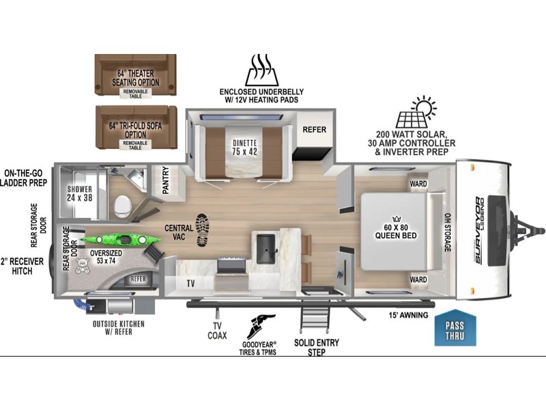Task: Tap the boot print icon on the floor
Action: pyautogui.click(x=202, y=230)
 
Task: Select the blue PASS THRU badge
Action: pyautogui.click(x=455, y=328)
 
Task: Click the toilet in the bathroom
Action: pyautogui.click(x=123, y=206)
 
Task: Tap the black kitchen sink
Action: pyautogui.click(x=266, y=249)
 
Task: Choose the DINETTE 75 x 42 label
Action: pyautogui.click(x=245, y=147)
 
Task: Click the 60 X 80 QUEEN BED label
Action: pyautogui.click(x=396, y=232)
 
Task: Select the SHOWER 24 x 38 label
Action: pyautogui.click(x=80, y=193)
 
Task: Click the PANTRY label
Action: pyautogui.click(x=166, y=180)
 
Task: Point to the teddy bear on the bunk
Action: pyautogui.click(x=83, y=266)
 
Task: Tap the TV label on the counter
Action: pyautogui.click(x=190, y=284)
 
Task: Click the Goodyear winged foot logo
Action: pyautogui.click(x=261, y=327)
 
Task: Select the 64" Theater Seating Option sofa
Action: pyautogui.click(x=135, y=74)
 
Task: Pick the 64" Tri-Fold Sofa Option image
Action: pyautogui.click(x=136, y=127)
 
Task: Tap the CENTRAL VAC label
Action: pyautogui.click(x=179, y=232)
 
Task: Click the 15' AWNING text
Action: pyautogui.click(x=408, y=315)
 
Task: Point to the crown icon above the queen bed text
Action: pyautogui.click(x=397, y=219)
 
